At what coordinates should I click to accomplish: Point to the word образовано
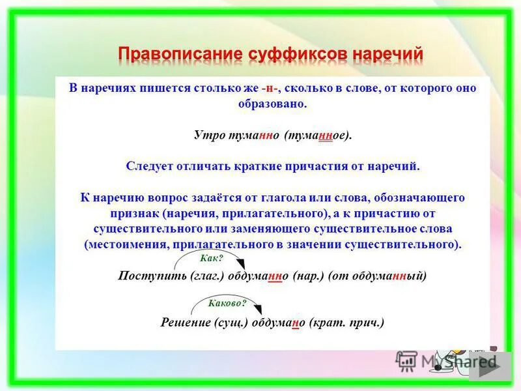[272, 104]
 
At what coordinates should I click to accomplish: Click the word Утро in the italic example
[207, 135]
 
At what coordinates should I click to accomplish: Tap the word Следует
[152, 166]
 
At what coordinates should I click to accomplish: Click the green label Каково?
[227, 303]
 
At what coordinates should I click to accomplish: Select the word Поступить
[145, 276]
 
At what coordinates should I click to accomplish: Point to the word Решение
[183, 322]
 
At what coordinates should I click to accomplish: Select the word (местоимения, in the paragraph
[126, 244]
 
